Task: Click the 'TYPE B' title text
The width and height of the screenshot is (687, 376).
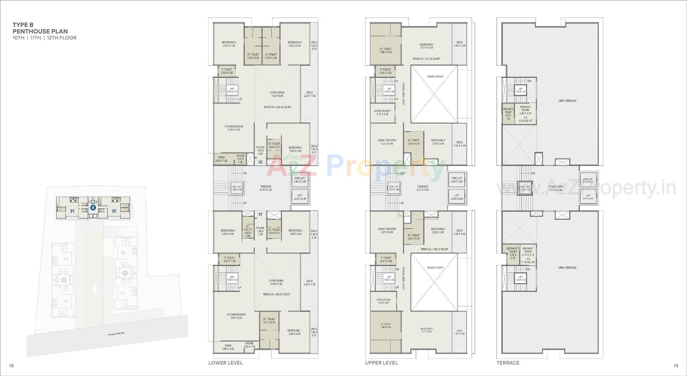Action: tap(23, 25)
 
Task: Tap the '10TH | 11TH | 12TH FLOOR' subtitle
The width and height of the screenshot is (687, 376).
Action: tap(44, 38)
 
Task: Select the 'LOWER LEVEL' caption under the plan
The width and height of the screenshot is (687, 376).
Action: tap(225, 363)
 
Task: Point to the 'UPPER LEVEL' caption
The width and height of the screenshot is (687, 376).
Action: tap(381, 363)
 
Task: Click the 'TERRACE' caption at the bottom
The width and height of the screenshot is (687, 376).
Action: tap(508, 363)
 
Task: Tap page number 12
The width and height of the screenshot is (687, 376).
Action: tap(11, 366)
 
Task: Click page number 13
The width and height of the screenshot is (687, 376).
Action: tap(676, 366)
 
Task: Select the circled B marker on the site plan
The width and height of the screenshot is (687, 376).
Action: tap(93, 208)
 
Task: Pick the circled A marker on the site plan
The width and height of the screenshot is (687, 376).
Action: tap(64, 280)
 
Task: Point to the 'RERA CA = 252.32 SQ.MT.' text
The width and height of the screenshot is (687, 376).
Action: tap(277, 107)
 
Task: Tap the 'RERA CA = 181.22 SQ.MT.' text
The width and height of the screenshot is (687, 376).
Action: tap(426, 59)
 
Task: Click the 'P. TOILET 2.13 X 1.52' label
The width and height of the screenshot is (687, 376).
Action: tap(227, 71)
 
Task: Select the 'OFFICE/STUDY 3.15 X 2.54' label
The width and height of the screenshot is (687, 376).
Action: tap(383, 113)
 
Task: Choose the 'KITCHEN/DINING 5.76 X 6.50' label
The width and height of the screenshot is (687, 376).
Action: tap(234, 128)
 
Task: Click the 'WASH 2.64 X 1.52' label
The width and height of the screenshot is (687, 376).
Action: tap(221, 159)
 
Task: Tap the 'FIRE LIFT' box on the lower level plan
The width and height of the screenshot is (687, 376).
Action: tap(300, 180)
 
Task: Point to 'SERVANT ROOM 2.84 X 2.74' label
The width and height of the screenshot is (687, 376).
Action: tap(525, 110)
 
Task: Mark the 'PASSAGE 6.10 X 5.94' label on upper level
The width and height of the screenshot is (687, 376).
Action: tap(423, 188)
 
